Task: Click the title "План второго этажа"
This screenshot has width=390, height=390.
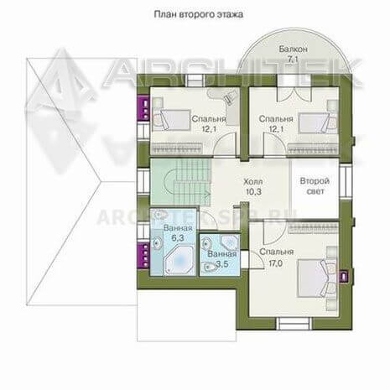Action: click(x=199, y=14)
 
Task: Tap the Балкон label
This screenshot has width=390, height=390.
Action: click(x=294, y=49)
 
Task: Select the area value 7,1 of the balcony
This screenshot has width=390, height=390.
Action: click(x=294, y=60)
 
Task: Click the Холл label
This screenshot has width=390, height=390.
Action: click(x=253, y=182)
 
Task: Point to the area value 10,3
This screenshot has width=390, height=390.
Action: click(x=253, y=192)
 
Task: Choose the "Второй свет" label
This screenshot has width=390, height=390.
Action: click(x=315, y=186)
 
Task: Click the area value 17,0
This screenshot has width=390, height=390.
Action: click(x=275, y=263)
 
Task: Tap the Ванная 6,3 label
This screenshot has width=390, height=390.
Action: click(x=178, y=233)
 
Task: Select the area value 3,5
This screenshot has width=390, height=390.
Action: click(x=222, y=264)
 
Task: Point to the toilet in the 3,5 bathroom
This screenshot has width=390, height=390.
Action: click(x=208, y=268)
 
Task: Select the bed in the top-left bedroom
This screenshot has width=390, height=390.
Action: click(x=171, y=120)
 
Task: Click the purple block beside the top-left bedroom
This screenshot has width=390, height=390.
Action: click(x=143, y=108)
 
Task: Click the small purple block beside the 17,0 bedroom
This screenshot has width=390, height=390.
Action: click(x=344, y=276)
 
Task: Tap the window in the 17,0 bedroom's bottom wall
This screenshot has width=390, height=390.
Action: click(x=294, y=324)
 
